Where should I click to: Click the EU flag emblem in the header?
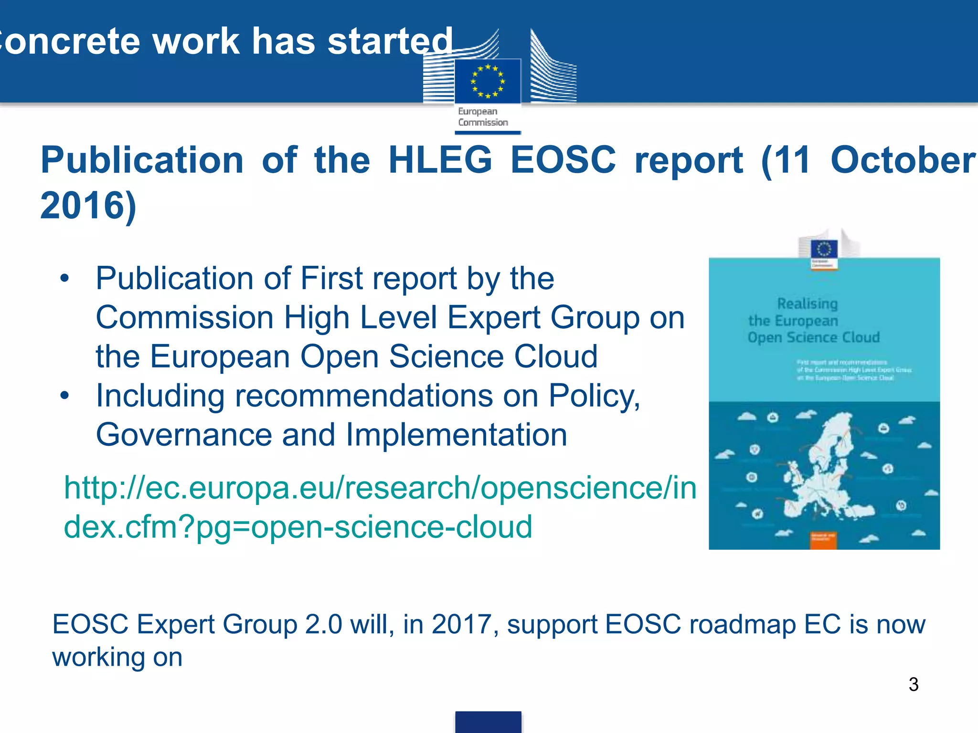(x=488, y=81)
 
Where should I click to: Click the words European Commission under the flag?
(x=483, y=117)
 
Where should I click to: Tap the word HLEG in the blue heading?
(x=440, y=160)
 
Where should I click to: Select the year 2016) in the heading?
(x=88, y=205)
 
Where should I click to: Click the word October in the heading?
(x=903, y=160)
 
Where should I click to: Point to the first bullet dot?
(x=65, y=278)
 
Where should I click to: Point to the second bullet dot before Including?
(x=65, y=396)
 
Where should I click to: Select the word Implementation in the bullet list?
(x=456, y=435)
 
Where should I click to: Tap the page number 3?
(x=914, y=684)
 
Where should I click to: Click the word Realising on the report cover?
(x=807, y=304)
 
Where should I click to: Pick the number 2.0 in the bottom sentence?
(x=323, y=624)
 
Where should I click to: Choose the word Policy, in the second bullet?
(x=594, y=396)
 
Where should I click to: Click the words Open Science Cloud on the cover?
(x=813, y=337)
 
